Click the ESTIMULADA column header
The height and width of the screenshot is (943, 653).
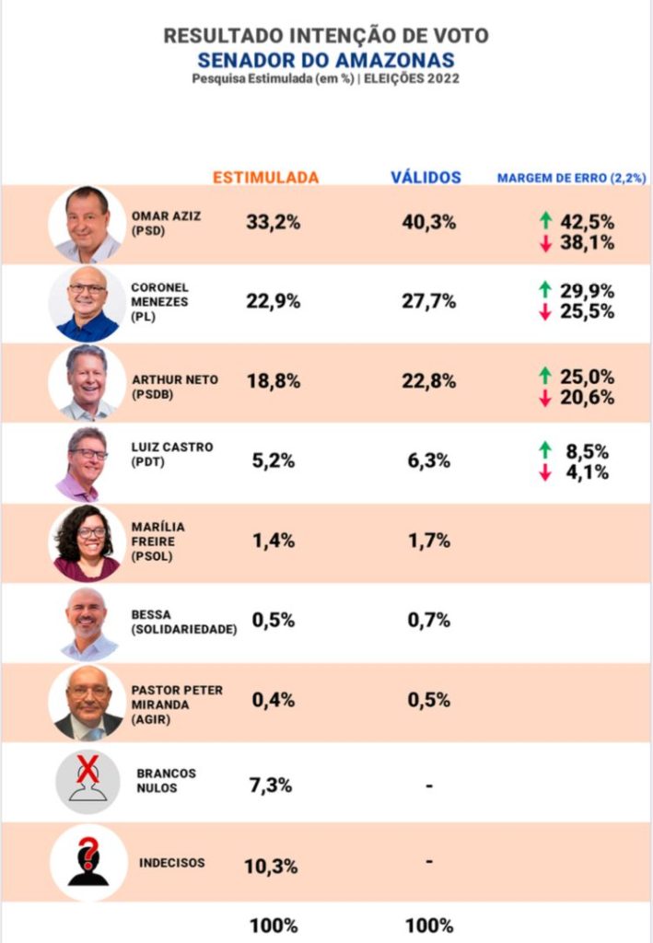click(266, 177)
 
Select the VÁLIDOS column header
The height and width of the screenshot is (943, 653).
click(426, 177)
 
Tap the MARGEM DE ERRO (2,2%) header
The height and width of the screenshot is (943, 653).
click(572, 177)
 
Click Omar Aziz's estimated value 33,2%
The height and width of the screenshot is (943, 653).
click(274, 222)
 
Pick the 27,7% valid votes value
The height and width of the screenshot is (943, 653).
click(429, 301)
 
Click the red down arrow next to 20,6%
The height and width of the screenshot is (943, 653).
click(545, 398)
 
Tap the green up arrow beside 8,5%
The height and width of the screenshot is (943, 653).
click(545, 449)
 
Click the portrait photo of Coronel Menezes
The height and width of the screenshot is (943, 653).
click(87, 303)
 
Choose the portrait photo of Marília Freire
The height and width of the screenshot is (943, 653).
click(87, 541)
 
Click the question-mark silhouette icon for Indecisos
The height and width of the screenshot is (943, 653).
click(87, 862)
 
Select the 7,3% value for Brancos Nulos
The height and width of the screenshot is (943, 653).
click(271, 786)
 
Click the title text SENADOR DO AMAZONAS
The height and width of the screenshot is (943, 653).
click(326, 60)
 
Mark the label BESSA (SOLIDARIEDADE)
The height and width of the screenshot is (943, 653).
click(184, 622)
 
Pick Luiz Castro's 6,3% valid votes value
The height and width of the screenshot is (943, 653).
click(429, 460)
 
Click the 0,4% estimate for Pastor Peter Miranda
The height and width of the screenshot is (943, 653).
click(274, 700)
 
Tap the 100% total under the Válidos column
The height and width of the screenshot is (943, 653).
click(429, 926)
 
